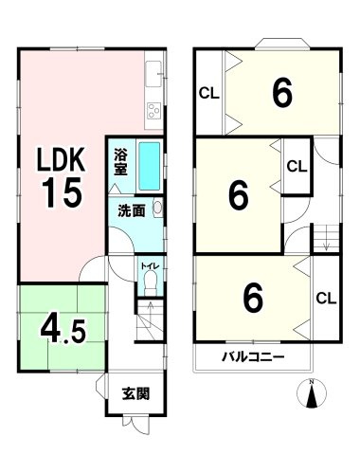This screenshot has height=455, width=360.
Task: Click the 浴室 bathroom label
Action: tap(121, 162)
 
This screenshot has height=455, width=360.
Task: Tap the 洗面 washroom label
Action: tap(132, 210)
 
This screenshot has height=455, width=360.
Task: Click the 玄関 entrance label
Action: tap(135, 393)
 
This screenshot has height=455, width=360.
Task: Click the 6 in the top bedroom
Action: tap(280, 93)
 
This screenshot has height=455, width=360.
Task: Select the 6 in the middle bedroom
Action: tap(238, 196)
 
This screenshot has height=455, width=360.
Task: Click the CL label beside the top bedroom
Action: tap(208, 92)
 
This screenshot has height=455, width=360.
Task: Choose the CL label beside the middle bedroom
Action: tap(297, 166)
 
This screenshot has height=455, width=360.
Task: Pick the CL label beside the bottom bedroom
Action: tap(325, 299)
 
